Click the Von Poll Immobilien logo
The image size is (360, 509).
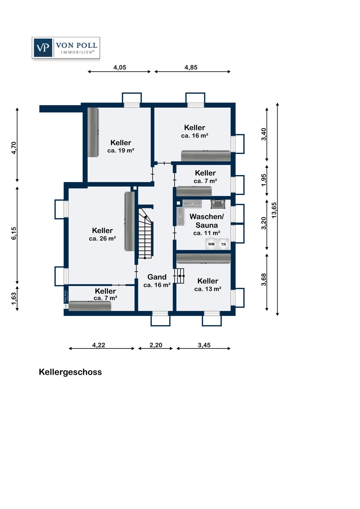click(x=66, y=48)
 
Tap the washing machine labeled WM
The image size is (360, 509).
click(x=211, y=244)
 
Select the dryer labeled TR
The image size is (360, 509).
click(x=223, y=244)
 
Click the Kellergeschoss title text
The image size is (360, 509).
click(x=70, y=372)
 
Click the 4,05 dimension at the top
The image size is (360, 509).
click(x=120, y=68)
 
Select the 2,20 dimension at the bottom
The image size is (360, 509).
click(x=156, y=345)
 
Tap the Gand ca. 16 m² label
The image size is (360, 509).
click(x=157, y=281)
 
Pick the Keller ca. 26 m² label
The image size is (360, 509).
click(x=102, y=234)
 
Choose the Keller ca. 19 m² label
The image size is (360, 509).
click(x=121, y=146)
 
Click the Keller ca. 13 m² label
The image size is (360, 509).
click(x=208, y=284)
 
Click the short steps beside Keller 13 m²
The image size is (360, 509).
click(x=179, y=276)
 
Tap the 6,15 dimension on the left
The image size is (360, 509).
click(x=14, y=233)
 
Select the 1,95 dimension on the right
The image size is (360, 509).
click(x=264, y=180)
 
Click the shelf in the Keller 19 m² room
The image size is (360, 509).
click(x=93, y=132)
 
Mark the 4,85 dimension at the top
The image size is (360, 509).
click(x=191, y=68)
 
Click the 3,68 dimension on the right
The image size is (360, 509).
click(x=264, y=280)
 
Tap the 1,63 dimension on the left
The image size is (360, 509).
click(x=14, y=299)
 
